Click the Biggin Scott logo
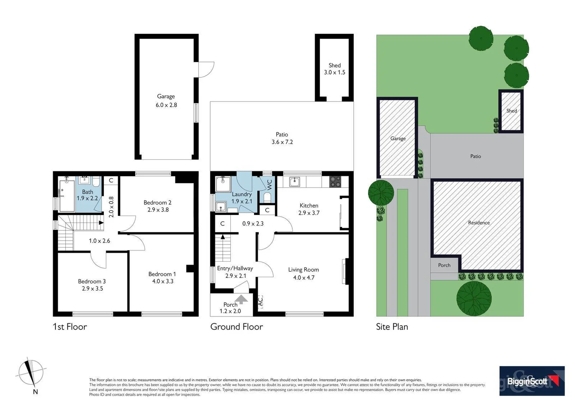532,381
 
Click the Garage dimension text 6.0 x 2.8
166,105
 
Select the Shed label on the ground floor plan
334,65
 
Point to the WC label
269,184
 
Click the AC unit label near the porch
260,301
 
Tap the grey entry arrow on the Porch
241,299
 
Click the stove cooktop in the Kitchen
335,182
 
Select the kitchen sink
294,182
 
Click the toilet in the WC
267,197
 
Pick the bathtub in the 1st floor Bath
67,195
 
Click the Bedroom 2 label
157,203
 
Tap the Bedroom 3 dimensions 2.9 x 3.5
92,288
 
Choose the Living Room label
303,270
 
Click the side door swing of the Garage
206,70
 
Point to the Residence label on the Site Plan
479,223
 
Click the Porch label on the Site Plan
444,265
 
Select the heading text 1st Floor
70,327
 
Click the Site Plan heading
392,327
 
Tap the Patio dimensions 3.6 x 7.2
282,142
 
